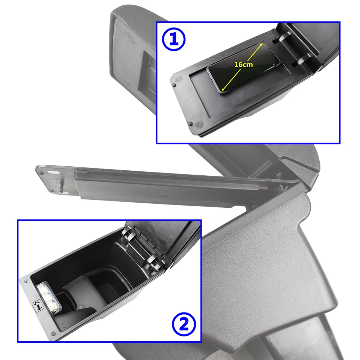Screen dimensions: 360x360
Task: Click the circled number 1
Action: click(x=174, y=39)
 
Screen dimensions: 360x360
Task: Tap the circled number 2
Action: click(x=184, y=324)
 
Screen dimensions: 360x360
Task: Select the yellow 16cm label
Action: click(x=244, y=64)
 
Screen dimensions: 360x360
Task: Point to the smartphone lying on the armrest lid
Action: click(x=243, y=67)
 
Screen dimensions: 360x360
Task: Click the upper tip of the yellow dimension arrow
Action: click(x=263, y=42)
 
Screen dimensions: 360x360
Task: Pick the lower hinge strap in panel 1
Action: click(x=301, y=60)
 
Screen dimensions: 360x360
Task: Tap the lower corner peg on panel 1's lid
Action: click(x=190, y=124)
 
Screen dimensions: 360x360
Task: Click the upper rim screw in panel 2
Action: click(x=26, y=281)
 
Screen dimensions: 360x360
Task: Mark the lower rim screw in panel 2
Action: click(x=53, y=333)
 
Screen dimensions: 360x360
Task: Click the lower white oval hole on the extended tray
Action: click(x=64, y=193)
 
